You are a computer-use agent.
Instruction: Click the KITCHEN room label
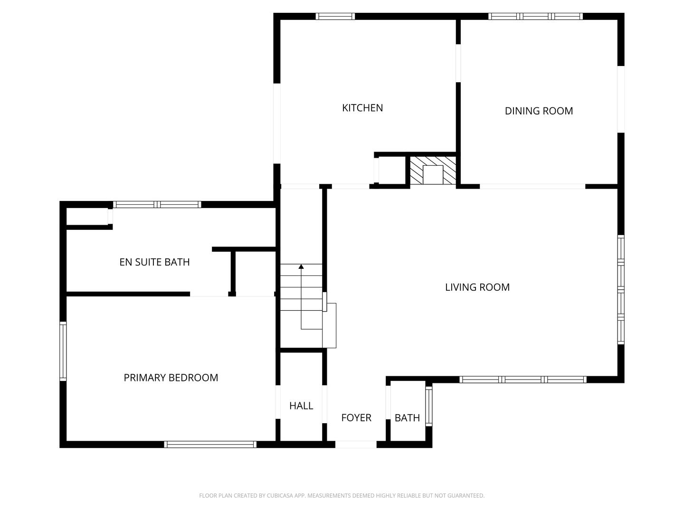[362, 108]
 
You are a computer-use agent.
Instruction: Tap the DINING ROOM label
[539, 111]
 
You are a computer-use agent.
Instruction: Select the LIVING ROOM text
[477, 287]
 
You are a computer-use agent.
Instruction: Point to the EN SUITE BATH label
[154, 262]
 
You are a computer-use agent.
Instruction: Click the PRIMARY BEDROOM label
[171, 378]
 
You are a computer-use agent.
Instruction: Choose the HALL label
[301, 406]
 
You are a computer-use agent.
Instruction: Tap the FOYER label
[356, 418]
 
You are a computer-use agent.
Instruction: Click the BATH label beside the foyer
[407, 418]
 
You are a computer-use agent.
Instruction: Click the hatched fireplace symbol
[433, 170]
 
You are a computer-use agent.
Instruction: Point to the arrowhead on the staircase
[301, 267]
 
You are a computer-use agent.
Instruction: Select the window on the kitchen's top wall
[335, 16]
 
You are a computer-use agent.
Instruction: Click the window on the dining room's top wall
[535, 16]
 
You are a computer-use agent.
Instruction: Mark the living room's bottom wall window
[523, 380]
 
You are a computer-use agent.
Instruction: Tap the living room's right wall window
[621, 289]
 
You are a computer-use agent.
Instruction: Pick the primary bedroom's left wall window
[63, 351]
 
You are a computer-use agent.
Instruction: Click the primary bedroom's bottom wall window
[210, 445]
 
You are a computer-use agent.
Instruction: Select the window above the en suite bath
[157, 205]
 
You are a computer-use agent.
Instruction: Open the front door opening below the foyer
[356, 445]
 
